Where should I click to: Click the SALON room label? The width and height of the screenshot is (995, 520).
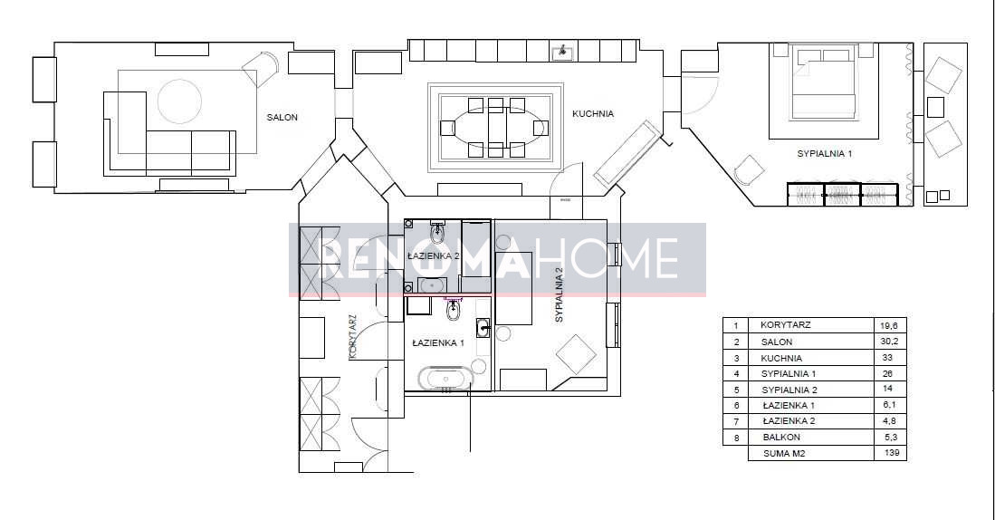tap(282, 118)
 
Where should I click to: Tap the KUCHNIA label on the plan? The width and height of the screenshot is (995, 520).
tap(593, 114)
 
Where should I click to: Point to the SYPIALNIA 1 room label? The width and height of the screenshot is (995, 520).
tap(824, 154)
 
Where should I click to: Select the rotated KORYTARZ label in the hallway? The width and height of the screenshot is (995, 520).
tap(353, 338)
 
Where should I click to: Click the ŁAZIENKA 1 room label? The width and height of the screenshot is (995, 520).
tap(438, 342)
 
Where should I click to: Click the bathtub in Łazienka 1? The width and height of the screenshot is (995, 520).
tap(445, 380)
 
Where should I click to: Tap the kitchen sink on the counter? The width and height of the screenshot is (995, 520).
tap(561, 52)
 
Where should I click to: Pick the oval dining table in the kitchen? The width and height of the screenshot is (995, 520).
tap(495, 128)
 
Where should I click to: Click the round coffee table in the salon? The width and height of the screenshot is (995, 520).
tap(179, 101)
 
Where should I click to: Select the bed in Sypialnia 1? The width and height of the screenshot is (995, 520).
tap(823, 84)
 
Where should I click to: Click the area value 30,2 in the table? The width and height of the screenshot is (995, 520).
tap(891, 341)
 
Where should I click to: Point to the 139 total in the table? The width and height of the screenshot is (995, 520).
tap(891, 453)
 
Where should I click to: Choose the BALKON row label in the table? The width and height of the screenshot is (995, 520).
tap(782, 437)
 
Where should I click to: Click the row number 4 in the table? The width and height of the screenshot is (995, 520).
tap(736, 374)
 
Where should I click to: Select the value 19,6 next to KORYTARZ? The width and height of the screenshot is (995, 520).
tap(890, 325)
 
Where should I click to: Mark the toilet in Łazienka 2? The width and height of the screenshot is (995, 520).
tap(438, 233)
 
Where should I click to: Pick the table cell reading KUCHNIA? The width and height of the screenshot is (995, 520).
tap(781, 358)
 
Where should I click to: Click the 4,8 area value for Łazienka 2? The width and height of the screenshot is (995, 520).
tap(890, 420)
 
